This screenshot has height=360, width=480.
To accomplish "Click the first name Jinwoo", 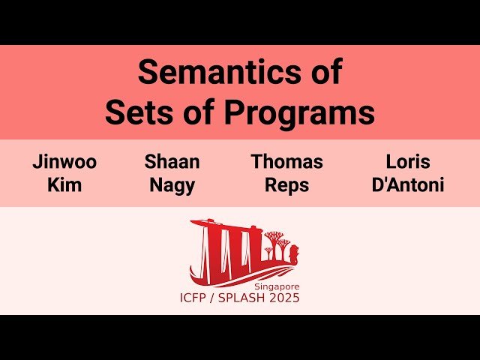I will (64, 162).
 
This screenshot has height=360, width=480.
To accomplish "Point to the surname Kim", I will (64, 184).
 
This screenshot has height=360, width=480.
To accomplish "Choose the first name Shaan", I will (172, 162).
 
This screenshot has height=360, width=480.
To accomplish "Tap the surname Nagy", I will (172, 184).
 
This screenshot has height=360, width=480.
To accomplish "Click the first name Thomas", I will (286, 162).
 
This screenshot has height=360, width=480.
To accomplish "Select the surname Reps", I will (286, 184).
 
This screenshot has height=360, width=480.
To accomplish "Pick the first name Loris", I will (408, 162).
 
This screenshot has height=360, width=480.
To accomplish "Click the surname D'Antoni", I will (408, 184).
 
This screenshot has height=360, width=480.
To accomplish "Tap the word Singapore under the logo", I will (276, 286).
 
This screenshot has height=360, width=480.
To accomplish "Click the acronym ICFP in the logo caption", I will (197, 298).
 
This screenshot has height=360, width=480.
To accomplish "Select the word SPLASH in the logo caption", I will (246, 298).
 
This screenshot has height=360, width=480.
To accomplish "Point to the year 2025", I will (285, 298).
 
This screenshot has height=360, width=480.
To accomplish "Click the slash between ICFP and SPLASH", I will (220, 298).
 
